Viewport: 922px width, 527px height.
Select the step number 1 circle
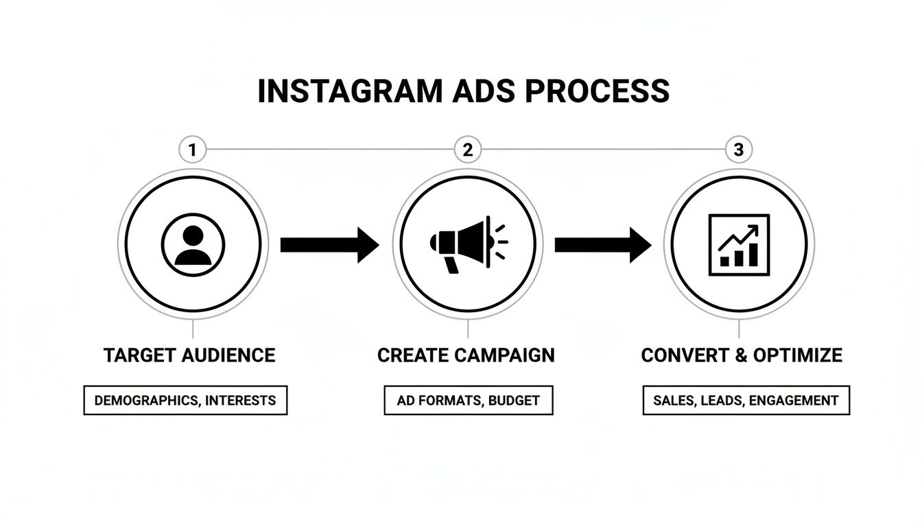click(x=193, y=150)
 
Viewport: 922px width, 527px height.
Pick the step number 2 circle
click(x=468, y=150)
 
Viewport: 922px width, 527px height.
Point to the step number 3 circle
click(x=738, y=150)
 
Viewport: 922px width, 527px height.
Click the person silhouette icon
click(x=193, y=246)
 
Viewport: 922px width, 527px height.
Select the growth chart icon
click(x=738, y=245)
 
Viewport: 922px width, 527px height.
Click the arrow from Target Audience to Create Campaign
click(x=329, y=245)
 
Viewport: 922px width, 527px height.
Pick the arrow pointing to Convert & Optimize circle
click(x=602, y=245)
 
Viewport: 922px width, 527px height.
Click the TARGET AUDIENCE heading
click(x=189, y=355)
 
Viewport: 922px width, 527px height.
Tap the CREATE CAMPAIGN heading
click(x=466, y=355)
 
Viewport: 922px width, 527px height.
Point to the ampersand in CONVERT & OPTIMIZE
click(x=739, y=355)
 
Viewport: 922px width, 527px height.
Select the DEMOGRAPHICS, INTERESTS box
click(x=185, y=401)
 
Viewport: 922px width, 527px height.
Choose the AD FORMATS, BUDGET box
click(x=468, y=401)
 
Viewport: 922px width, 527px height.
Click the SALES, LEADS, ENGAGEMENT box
click(x=746, y=401)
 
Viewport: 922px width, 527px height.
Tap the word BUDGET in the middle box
click(x=514, y=401)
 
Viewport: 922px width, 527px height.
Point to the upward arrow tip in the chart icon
click(x=756, y=227)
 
